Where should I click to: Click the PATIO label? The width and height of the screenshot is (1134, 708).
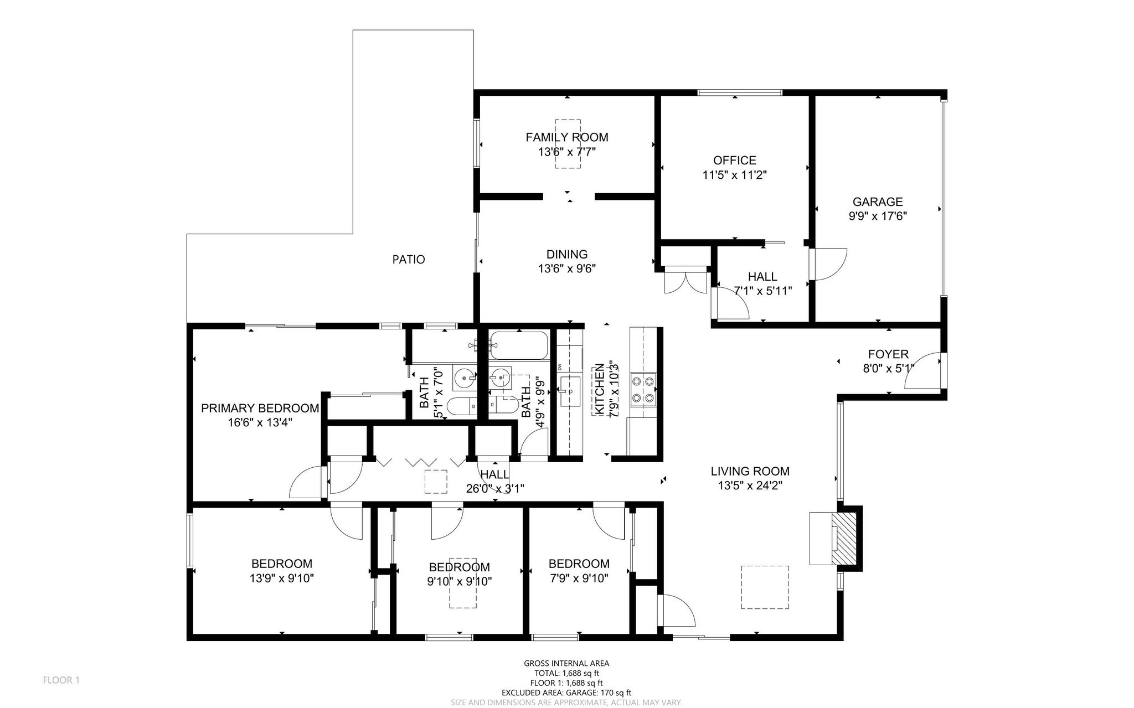click(409, 259)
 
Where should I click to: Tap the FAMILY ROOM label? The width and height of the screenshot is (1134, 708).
click(567, 137)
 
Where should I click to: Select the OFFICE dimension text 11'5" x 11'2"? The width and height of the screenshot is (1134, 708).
click(735, 175)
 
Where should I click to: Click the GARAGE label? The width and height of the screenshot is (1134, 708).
click(878, 202)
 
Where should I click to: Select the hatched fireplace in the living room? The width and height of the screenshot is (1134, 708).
click(846, 538)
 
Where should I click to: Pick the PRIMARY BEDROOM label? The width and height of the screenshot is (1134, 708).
click(260, 409)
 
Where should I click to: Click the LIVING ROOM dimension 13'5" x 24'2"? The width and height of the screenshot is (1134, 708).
click(750, 486)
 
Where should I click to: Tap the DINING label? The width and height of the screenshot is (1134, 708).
click(567, 255)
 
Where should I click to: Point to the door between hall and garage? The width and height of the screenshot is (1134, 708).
click(828, 265)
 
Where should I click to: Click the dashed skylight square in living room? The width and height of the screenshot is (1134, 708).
click(765, 587)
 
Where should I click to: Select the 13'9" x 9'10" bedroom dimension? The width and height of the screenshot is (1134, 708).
click(282, 578)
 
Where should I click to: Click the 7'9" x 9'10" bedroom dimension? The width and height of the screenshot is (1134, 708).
click(579, 578)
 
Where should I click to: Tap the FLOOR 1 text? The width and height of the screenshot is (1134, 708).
click(61, 680)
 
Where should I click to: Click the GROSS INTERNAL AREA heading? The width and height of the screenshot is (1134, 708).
click(566, 663)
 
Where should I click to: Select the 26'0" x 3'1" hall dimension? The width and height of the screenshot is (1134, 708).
click(495, 488)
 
